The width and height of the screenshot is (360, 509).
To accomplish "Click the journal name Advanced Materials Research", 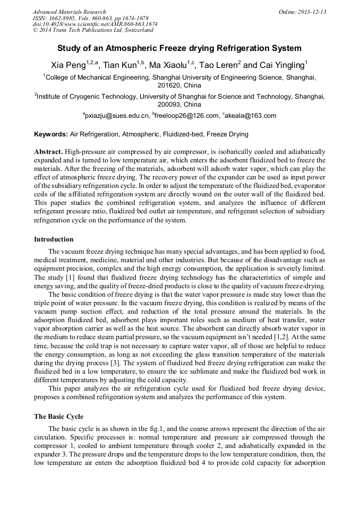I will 69,12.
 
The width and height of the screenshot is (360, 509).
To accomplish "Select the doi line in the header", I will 95,24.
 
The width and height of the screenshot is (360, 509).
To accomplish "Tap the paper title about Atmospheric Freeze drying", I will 179,48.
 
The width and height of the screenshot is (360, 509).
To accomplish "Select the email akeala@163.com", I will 251,116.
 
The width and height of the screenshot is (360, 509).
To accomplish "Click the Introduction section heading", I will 54,239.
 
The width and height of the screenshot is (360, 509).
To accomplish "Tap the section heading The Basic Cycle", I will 58,416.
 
